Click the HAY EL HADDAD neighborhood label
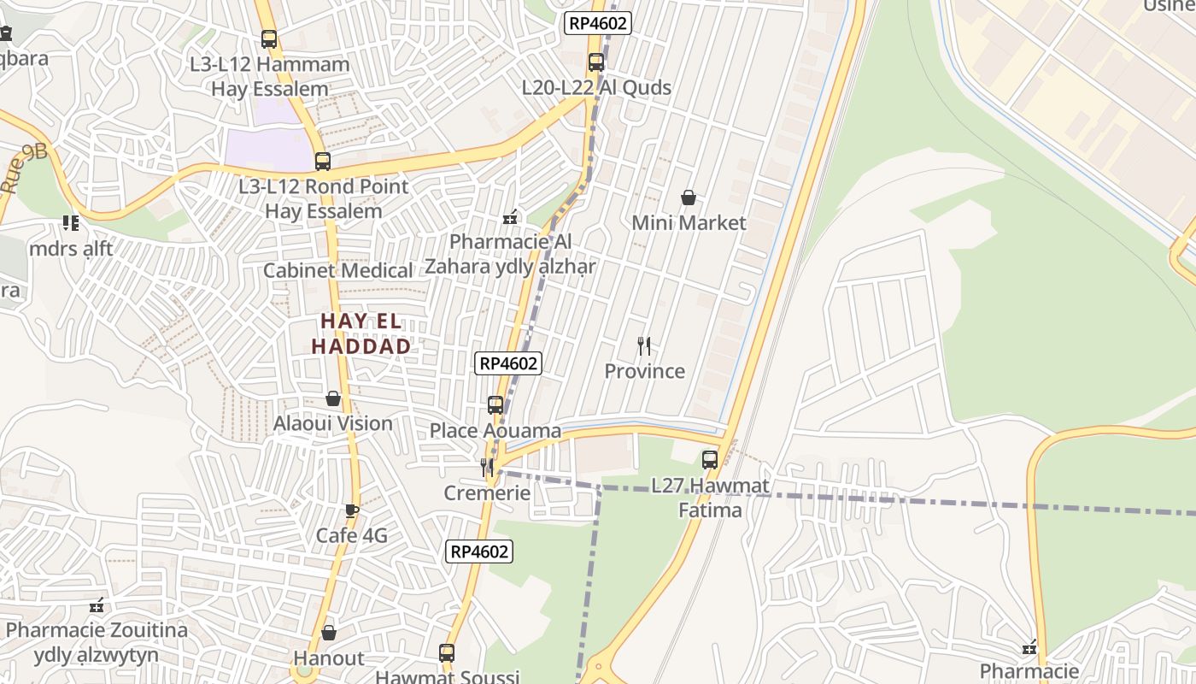(361, 334)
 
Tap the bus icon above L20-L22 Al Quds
(596, 62)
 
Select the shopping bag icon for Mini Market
(689, 198)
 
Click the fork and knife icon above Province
(644, 346)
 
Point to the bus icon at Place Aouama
(495, 405)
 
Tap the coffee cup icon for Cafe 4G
(351, 511)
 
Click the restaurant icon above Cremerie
(487, 467)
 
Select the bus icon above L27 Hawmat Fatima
(710, 460)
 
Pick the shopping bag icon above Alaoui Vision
(333, 399)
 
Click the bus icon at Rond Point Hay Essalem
(323, 162)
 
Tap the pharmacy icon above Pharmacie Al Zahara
(510, 217)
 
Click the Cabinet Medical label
(338, 271)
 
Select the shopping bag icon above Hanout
(329, 634)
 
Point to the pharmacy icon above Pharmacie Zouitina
(97, 605)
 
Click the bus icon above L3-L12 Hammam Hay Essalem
(269, 39)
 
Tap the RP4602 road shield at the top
(598, 23)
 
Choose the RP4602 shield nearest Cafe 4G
(480, 552)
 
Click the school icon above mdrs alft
(70, 224)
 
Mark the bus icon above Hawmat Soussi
(447, 653)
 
